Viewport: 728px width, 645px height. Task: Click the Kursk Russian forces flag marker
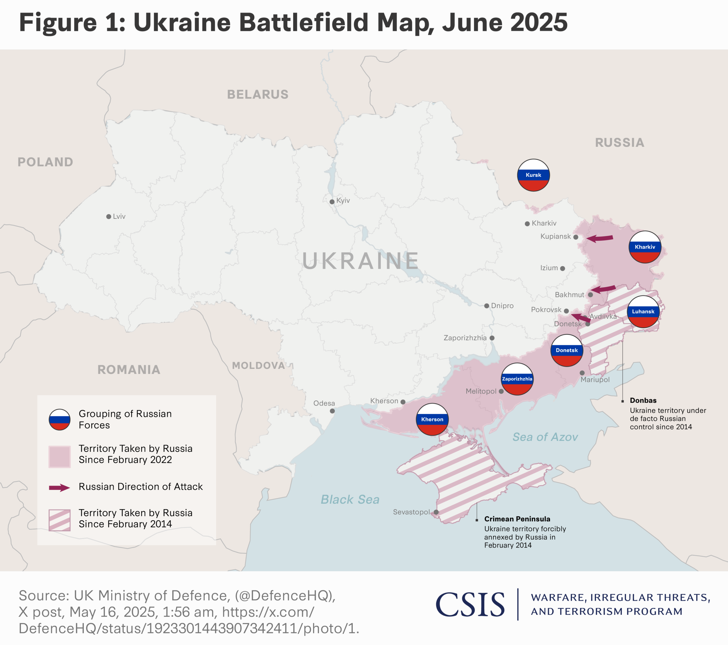(x=533, y=175)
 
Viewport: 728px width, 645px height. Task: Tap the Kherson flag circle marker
(x=432, y=419)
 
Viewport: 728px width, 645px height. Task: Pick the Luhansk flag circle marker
(x=643, y=311)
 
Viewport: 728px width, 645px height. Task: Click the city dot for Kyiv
(x=332, y=202)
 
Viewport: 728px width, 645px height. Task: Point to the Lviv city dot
(x=109, y=217)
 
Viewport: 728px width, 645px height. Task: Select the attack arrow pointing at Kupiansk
(x=600, y=238)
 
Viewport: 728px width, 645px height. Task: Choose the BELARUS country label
(x=258, y=95)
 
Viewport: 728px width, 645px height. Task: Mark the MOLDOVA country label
(x=258, y=366)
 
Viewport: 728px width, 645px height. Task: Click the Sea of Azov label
(x=545, y=437)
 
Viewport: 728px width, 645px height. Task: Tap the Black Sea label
(x=350, y=500)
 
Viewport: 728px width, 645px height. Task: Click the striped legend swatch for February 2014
(x=59, y=520)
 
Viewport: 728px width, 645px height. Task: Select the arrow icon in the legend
(x=59, y=488)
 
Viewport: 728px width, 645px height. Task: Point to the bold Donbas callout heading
(x=643, y=400)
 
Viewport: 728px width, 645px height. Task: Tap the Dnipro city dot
(x=487, y=306)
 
